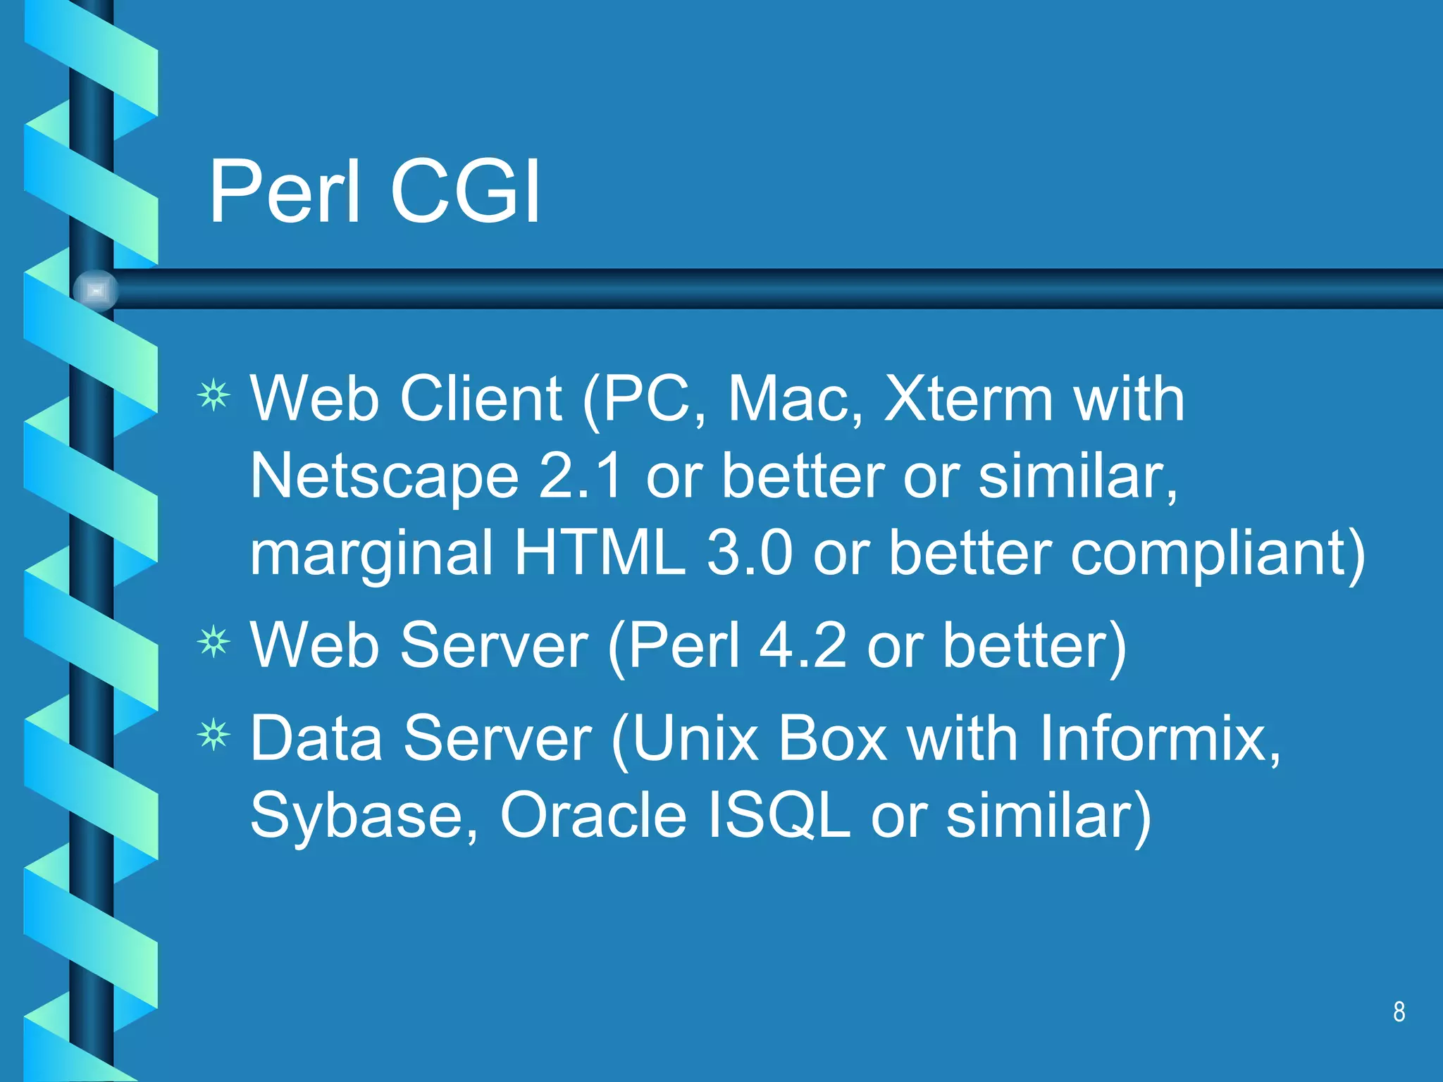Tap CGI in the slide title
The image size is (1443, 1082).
tap(465, 192)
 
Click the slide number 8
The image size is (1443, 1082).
tap(1399, 1012)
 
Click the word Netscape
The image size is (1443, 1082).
tap(385, 478)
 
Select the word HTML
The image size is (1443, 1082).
tap(600, 553)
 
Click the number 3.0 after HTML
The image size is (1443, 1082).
tap(750, 553)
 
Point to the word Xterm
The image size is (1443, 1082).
tap(969, 399)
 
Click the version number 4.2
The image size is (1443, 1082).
tap(803, 645)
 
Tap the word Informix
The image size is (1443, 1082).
tap(1160, 738)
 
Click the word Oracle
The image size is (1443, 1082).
tap(593, 816)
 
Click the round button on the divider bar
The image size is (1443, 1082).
tap(96, 290)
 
